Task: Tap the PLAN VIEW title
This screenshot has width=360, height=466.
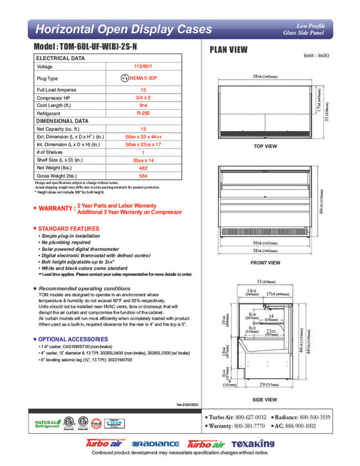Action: (229, 49)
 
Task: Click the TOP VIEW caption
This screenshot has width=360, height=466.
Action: (266, 145)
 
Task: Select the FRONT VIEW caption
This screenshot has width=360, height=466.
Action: (266, 263)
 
